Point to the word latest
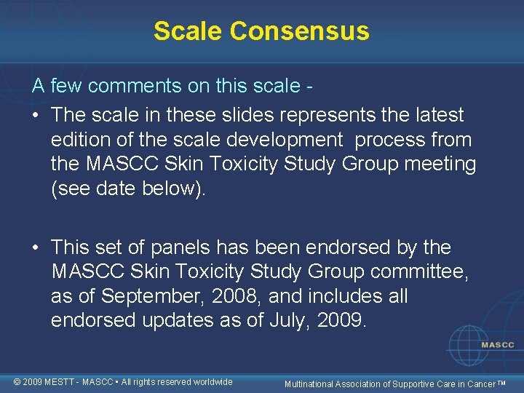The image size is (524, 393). click(435, 115)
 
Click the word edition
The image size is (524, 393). click(80, 140)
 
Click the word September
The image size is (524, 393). click(152, 297)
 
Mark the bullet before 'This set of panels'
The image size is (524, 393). click(36, 247)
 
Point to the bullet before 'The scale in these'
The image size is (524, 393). click(36, 115)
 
